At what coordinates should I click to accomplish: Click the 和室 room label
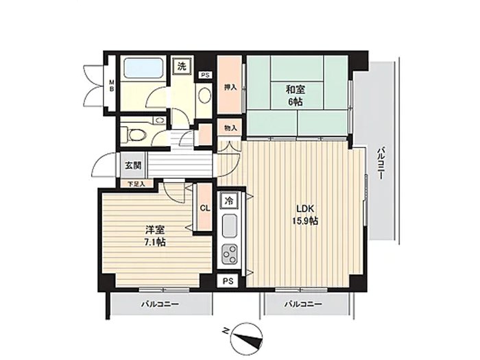pos(296,90)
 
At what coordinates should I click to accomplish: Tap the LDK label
pos(305,208)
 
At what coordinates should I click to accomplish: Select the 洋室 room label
pos(155,230)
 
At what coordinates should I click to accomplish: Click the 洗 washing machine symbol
pos(182,67)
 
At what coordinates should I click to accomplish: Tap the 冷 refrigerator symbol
pos(228,201)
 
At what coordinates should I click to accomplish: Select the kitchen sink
pos(229,226)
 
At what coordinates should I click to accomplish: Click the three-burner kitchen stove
pos(229,254)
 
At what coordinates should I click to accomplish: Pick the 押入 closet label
pos(230,88)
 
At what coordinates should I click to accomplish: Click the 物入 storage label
pos(230,128)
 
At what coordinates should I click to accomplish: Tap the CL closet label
pos(205,208)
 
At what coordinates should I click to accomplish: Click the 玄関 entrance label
pos(133,165)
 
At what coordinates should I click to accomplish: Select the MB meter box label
pos(112,86)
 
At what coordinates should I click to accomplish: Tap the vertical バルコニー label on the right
pos(381,164)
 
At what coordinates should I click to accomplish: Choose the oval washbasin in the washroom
pos(204,95)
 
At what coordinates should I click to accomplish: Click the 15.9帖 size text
pos(305,221)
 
